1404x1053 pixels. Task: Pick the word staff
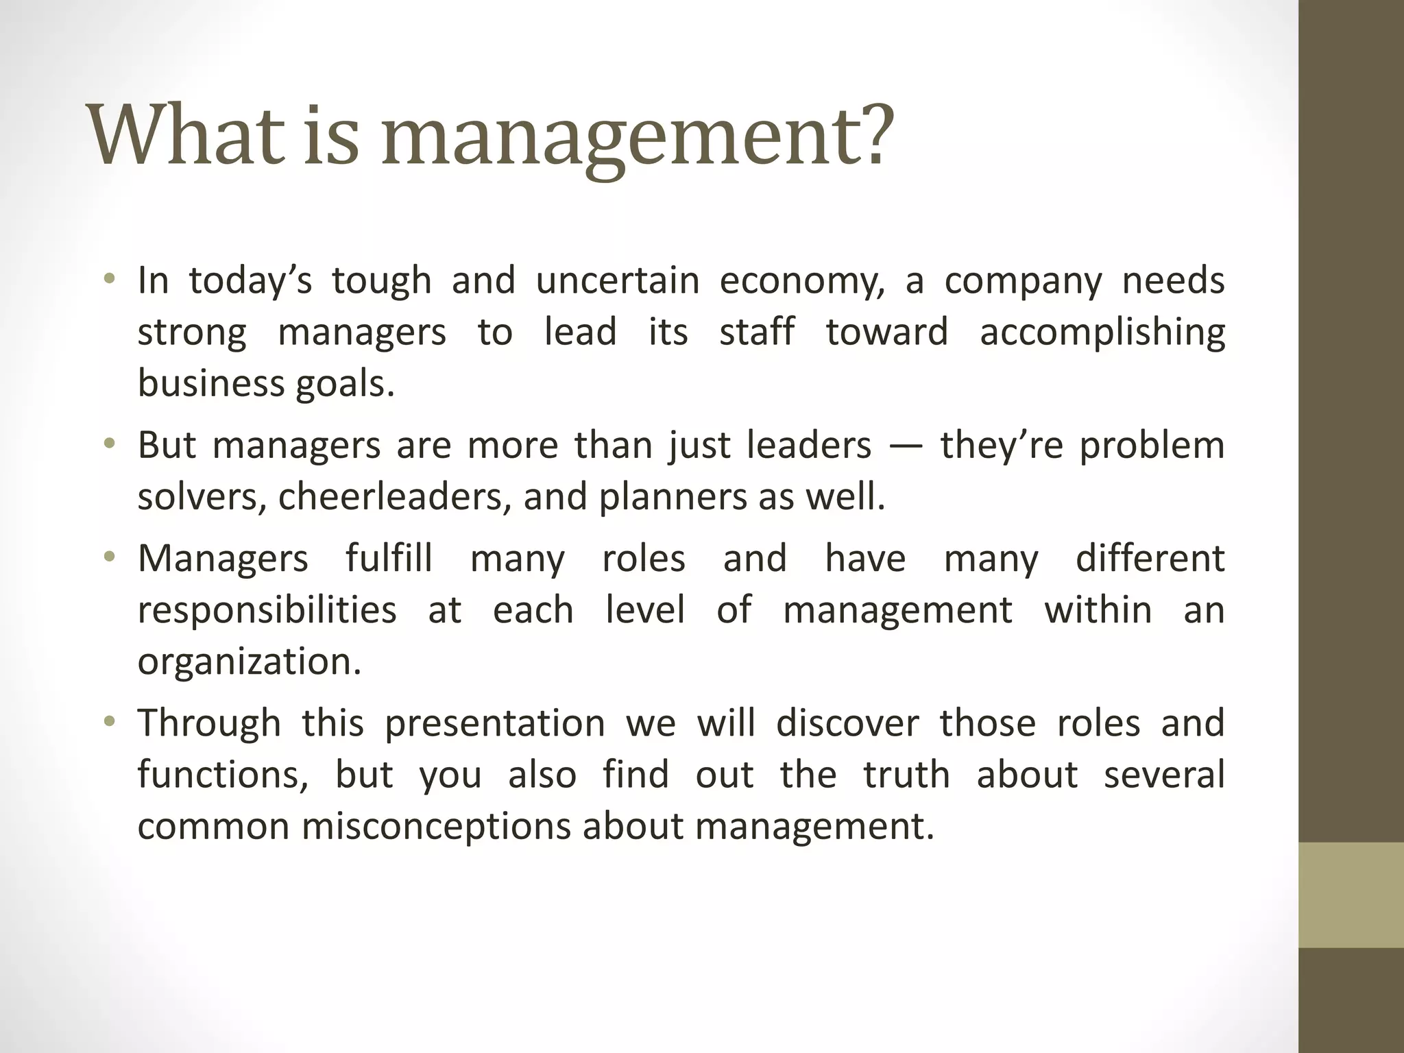757,332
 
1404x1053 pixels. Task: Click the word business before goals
210,383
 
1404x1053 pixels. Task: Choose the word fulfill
389,558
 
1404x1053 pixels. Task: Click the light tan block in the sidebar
1351,895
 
